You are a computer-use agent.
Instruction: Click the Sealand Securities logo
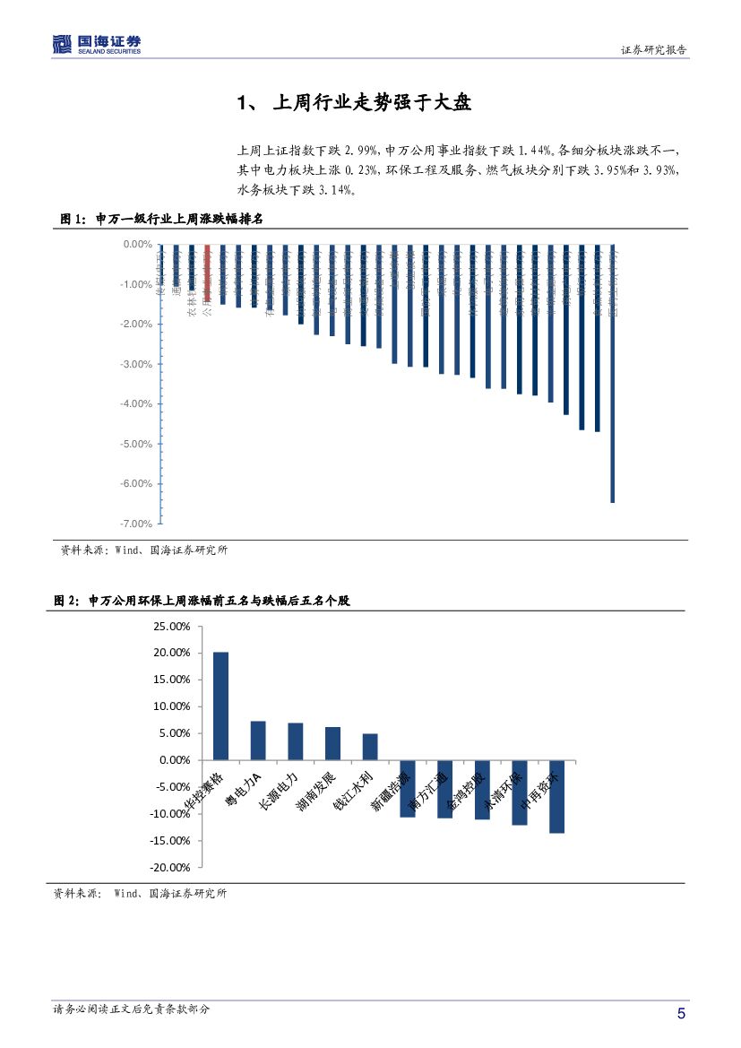coord(97,44)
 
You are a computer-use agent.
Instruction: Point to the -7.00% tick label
coord(136,524)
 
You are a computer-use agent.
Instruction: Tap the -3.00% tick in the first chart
coord(136,364)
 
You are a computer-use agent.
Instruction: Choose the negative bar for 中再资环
coord(556,796)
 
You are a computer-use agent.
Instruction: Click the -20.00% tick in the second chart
coord(170,868)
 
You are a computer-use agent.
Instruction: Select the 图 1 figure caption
coord(160,219)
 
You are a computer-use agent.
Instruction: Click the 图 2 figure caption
coord(201,601)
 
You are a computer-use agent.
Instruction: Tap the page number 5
coord(681,1014)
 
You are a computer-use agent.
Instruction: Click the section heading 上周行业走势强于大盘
coord(354,103)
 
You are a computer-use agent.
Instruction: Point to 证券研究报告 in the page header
coord(654,50)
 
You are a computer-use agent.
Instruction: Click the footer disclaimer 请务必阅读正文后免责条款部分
coord(132,1009)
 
